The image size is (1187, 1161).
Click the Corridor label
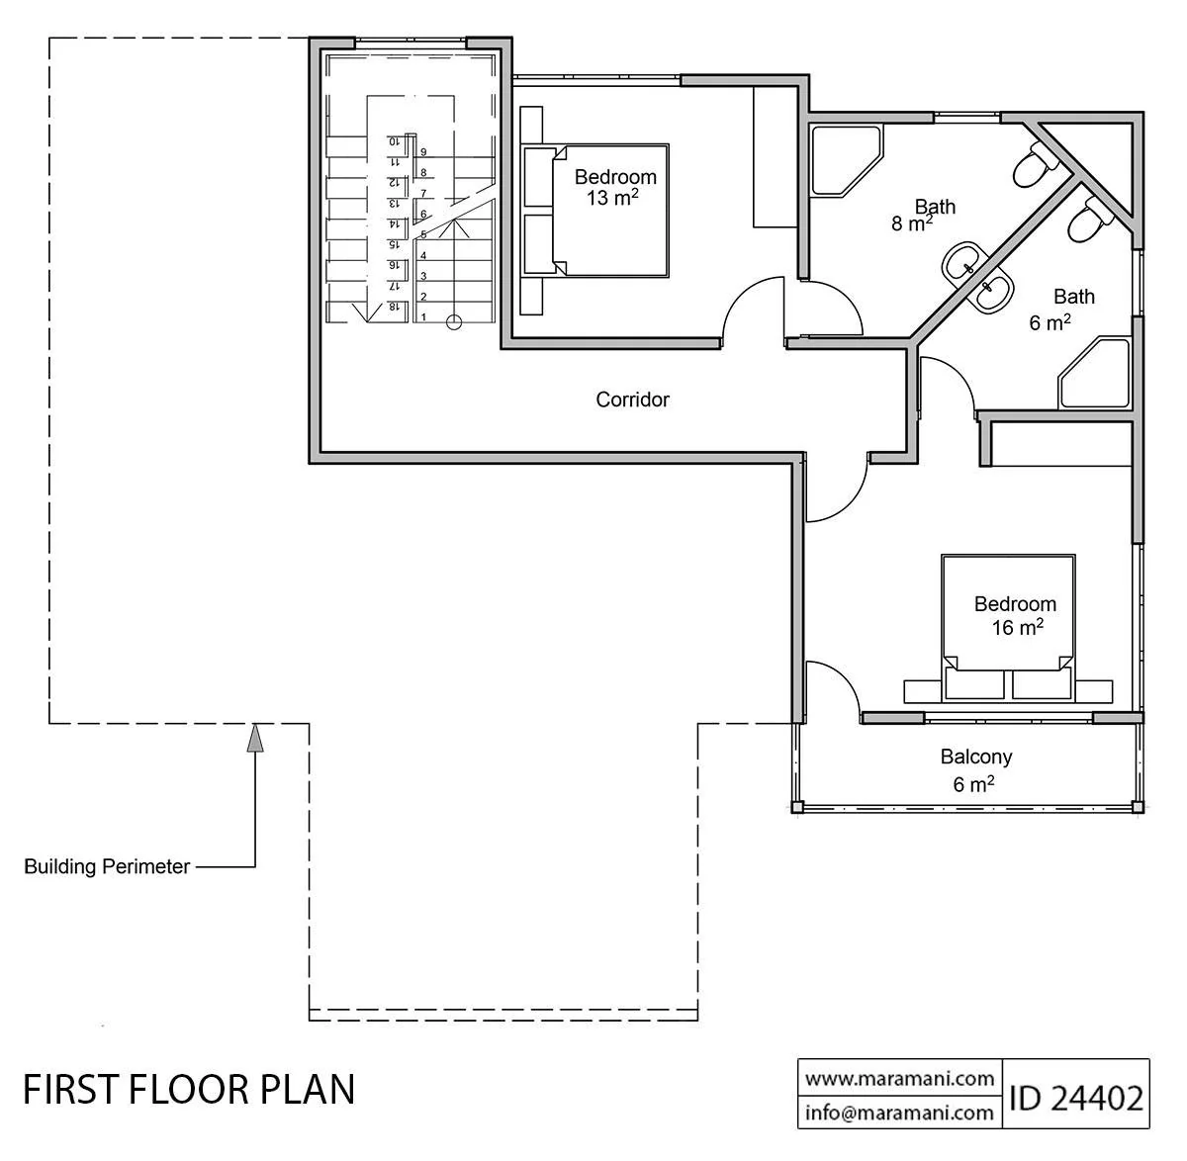click(632, 400)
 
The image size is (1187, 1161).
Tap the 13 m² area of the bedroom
click(612, 197)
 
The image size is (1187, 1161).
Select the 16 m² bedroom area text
click(1018, 627)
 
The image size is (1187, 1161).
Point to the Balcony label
click(976, 757)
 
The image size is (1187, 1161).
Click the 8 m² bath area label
click(912, 223)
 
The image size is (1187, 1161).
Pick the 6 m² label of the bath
click(1050, 322)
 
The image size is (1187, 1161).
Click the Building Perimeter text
click(107, 866)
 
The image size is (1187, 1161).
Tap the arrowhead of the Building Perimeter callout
click(255, 737)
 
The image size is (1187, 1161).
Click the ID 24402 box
click(1076, 1098)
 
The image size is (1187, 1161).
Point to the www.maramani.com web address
click(900, 1079)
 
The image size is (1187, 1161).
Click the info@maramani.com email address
click(900, 1113)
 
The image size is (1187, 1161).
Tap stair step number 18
click(394, 307)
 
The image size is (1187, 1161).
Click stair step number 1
click(423, 317)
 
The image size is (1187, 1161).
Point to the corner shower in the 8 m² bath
click(846, 160)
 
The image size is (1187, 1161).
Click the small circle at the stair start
click(454, 322)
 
